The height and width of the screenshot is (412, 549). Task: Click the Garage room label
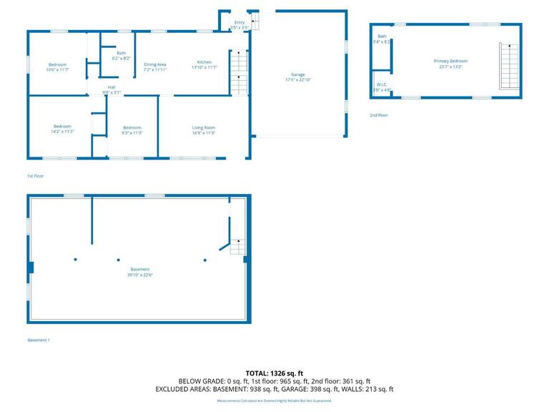(297, 74)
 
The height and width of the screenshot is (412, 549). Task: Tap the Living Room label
(204, 127)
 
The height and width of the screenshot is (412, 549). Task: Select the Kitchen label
(204, 62)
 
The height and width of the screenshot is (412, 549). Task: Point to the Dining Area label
(155, 64)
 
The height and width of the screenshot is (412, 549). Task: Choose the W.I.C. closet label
(382, 84)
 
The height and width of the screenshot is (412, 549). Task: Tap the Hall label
(112, 87)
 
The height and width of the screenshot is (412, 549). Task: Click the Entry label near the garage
(239, 23)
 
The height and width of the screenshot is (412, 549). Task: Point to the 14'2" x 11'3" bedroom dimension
(63, 132)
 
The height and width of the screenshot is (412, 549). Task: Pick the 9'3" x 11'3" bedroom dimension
(132, 132)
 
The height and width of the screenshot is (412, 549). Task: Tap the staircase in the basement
(237, 247)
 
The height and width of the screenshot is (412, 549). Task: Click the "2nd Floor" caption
(379, 115)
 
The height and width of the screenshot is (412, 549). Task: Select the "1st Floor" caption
(36, 175)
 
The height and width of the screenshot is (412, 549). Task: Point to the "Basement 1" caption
(39, 340)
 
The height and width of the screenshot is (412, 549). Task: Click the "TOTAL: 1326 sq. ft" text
(274, 373)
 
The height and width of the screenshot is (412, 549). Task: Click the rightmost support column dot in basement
(205, 260)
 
